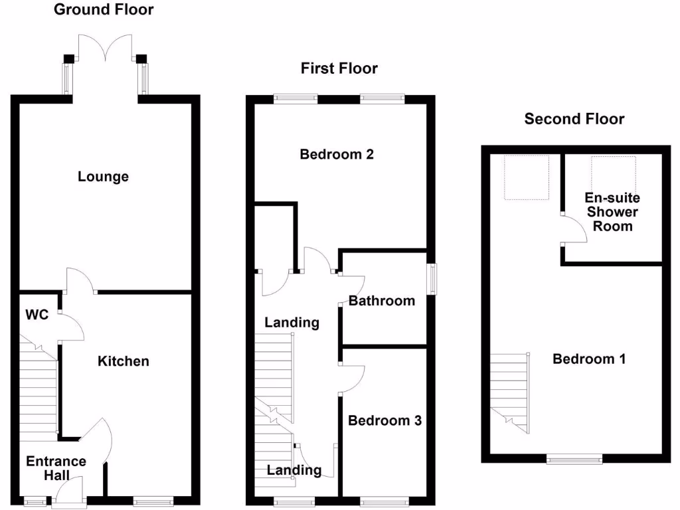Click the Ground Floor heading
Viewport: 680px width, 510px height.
103,9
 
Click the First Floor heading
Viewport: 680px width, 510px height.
339,68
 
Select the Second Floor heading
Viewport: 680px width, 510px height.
574,119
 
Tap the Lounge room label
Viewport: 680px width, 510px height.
103,177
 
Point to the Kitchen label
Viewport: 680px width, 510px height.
124,361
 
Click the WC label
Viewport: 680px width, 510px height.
37,315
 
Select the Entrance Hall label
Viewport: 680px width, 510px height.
56,468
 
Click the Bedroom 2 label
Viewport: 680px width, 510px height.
337,155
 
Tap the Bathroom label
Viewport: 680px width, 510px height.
382,301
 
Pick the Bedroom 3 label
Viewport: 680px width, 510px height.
384,420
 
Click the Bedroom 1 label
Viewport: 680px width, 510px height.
590,359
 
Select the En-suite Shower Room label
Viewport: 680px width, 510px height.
612,212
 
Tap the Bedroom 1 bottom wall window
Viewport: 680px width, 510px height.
574,458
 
